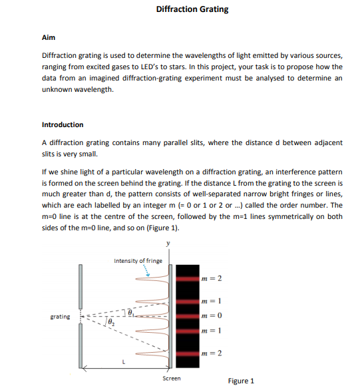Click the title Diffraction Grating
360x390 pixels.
coord(192,9)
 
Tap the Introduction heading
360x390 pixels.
coord(63,124)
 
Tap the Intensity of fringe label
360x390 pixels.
coord(138,261)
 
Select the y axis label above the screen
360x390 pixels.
coord(168,244)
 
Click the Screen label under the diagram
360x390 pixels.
coord(172,378)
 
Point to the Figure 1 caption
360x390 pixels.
coord(241,381)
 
